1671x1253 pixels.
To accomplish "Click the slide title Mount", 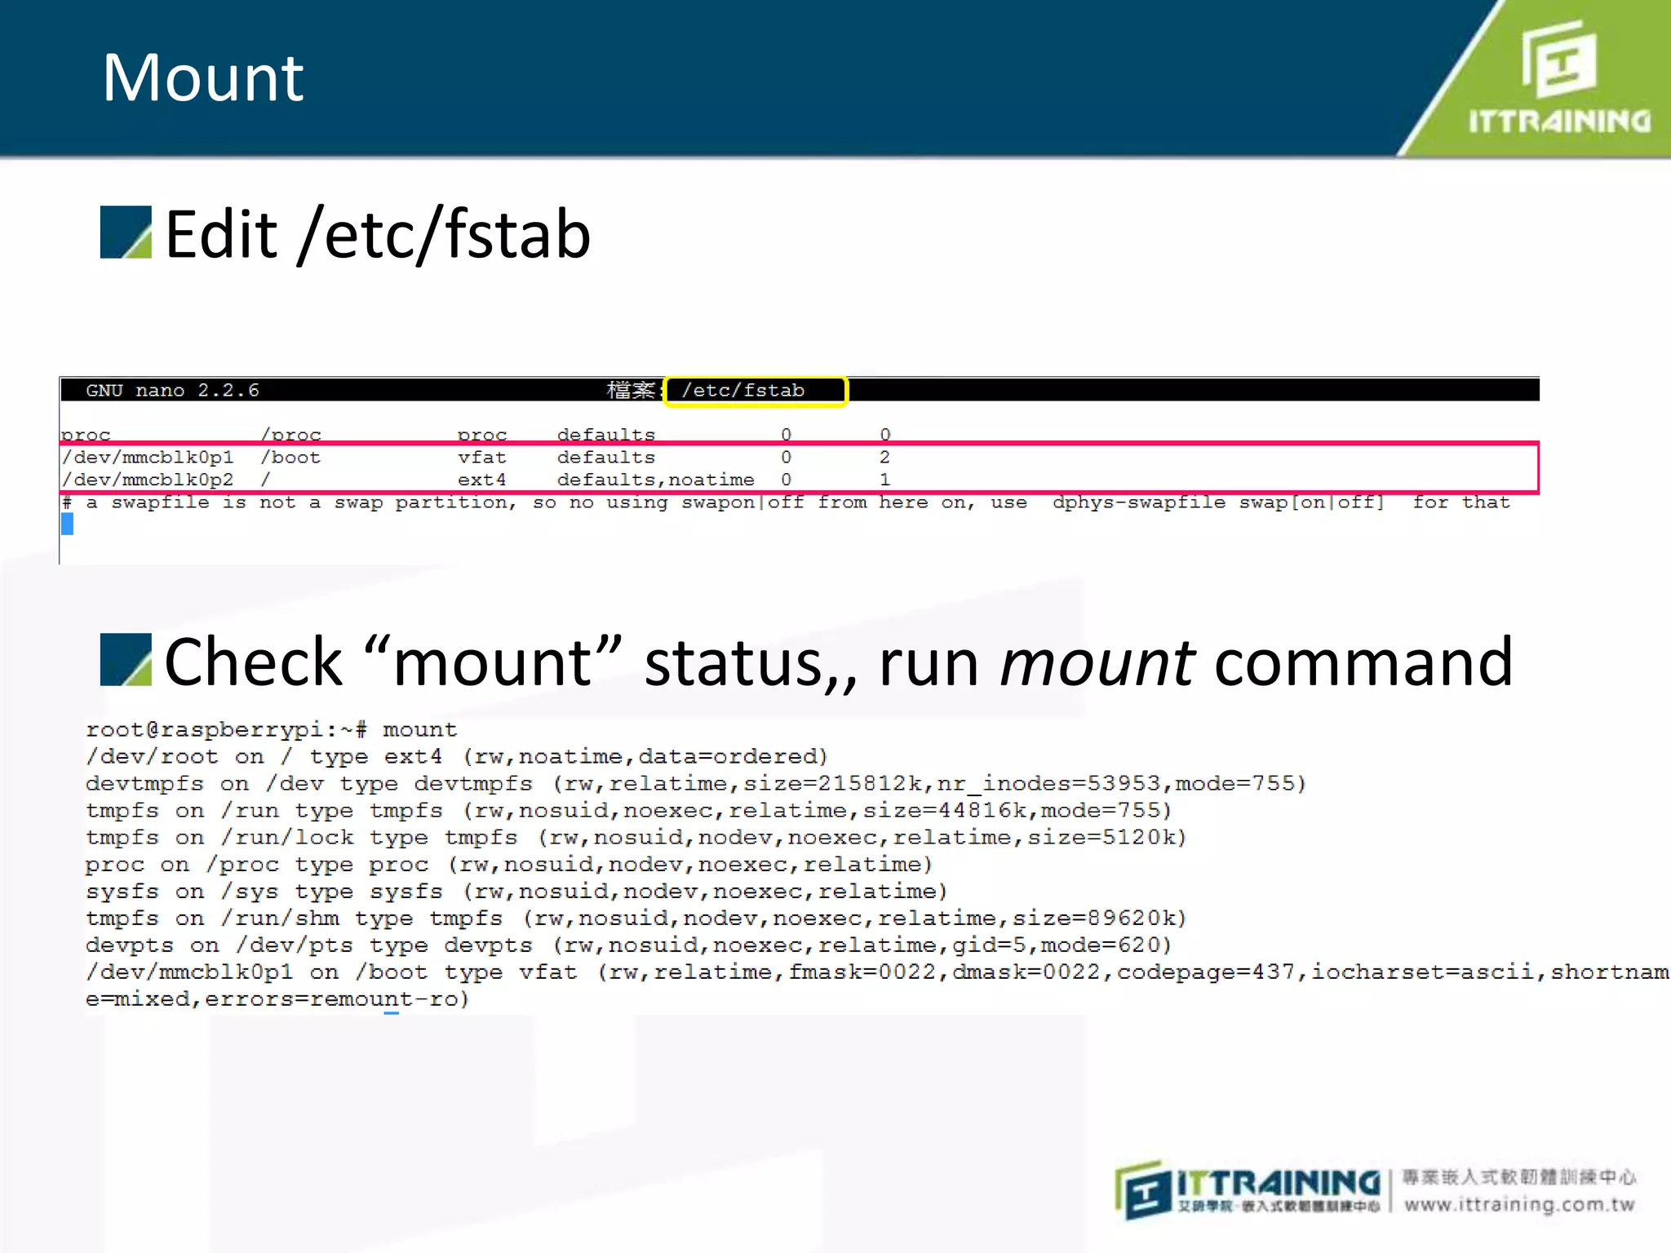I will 203,78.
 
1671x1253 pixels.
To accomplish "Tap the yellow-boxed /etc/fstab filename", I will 743,391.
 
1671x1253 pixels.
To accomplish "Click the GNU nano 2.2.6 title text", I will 172,391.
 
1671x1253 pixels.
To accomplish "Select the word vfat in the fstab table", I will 481,458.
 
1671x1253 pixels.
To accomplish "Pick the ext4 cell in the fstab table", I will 481,480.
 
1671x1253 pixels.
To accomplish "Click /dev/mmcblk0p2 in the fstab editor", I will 148,480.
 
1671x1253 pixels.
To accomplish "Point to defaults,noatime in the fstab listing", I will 655,480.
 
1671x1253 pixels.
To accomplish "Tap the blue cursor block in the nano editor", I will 67,524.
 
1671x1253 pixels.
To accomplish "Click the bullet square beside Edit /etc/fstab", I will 126,232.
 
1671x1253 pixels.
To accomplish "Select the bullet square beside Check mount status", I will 126,659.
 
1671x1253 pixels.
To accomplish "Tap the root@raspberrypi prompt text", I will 226,730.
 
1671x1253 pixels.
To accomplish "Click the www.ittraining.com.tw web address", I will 1519,1205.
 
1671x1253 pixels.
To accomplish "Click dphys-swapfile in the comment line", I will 1138,503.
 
